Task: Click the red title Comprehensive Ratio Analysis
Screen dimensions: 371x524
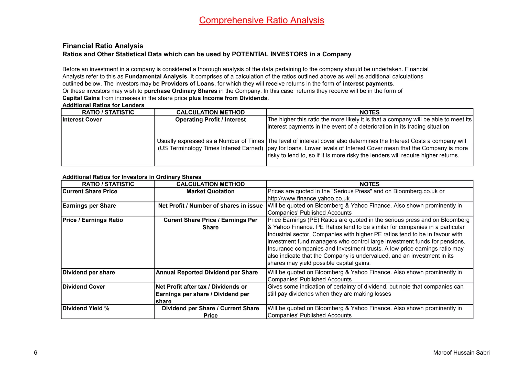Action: coord(261,20)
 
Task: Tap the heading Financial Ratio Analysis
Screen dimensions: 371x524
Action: coord(103,46)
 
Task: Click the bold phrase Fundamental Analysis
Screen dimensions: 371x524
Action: coord(156,77)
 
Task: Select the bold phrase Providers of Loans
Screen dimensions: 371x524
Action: coord(188,84)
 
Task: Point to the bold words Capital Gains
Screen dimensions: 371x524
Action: coord(81,98)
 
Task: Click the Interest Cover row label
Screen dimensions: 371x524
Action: coord(82,120)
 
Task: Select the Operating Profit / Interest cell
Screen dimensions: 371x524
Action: coord(210,120)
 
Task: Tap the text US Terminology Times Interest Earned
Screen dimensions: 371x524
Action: coord(210,148)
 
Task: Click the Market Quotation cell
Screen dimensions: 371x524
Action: coord(210,192)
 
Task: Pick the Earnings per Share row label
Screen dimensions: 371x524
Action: coord(89,206)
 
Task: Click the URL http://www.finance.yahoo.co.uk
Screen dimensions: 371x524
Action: coord(308,198)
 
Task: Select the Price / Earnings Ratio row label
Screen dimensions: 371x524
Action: coord(93,220)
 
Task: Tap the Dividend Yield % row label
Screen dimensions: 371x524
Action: coord(86,308)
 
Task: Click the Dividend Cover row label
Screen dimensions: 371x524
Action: coord(84,287)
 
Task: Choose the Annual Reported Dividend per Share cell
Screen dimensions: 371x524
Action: coord(207,272)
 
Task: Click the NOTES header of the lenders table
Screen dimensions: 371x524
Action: coord(369,112)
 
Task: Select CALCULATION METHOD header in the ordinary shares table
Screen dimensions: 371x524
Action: coord(210,184)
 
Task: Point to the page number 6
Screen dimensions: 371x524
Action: coord(36,353)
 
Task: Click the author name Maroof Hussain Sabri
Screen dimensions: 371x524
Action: coord(461,353)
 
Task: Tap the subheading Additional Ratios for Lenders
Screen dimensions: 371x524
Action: coord(103,105)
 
